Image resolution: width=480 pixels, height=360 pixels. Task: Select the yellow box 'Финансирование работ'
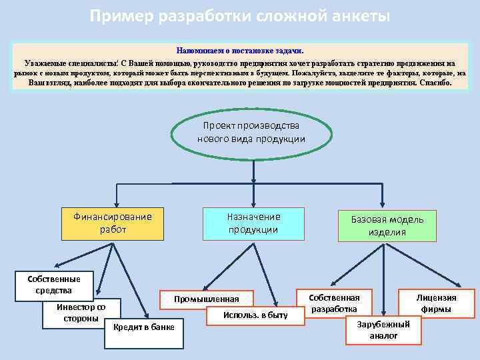[113, 223]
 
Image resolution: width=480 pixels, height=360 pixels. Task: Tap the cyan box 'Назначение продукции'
[253, 223]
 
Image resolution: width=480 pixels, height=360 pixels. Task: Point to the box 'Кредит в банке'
[144, 327]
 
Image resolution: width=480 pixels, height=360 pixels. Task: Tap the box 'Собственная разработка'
[335, 303]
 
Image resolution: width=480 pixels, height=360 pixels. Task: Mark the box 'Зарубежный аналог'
[383, 329]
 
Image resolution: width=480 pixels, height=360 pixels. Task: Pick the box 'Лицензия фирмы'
[437, 303]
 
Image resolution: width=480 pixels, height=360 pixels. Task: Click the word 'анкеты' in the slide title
[358, 15]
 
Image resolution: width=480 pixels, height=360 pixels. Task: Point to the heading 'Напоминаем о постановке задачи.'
[240, 51]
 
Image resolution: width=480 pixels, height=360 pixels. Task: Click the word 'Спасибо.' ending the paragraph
[435, 83]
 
